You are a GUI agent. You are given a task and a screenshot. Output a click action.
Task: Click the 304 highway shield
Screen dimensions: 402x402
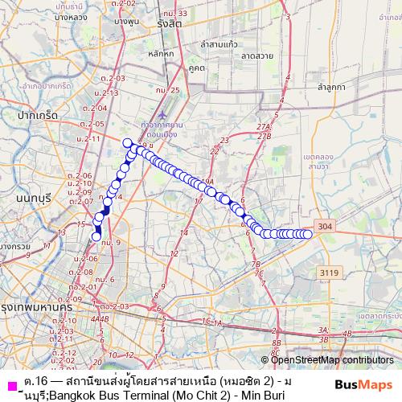tap(324, 228)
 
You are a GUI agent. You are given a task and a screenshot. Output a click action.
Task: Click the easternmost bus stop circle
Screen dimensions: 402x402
tap(307, 234)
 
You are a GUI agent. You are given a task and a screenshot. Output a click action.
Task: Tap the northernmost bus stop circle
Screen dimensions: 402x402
tap(127, 143)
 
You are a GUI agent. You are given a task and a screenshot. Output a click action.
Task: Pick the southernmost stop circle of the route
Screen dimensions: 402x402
tap(96, 236)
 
